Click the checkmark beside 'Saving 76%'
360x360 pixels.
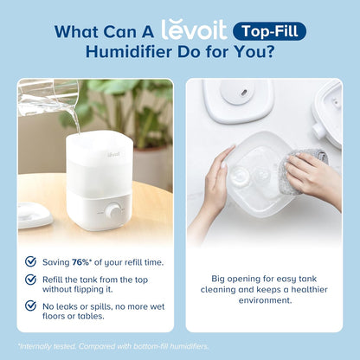tap(30, 260)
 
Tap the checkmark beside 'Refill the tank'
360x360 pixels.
tap(30, 280)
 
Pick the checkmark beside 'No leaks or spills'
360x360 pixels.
tap(30, 307)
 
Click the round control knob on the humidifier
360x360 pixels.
tap(112, 211)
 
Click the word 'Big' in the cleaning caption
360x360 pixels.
tap(221, 280)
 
